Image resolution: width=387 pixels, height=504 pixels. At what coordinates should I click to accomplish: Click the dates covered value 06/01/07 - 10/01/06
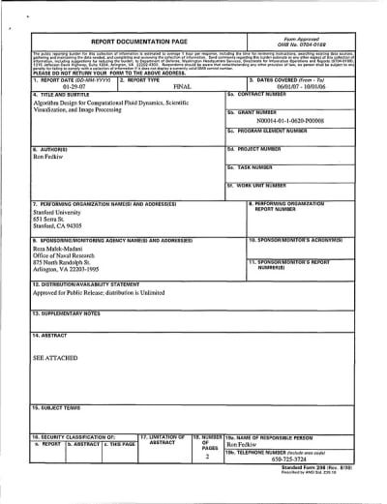(x=301, y=85)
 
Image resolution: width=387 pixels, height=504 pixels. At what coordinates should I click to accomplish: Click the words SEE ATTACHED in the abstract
(x=55, y=358)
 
